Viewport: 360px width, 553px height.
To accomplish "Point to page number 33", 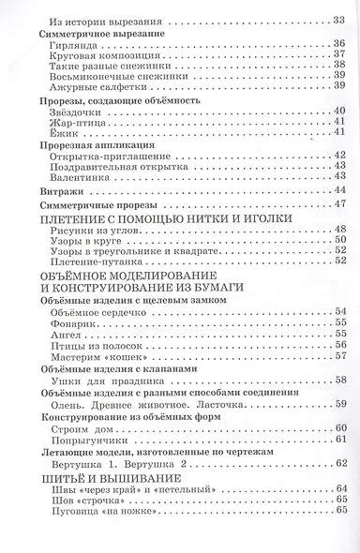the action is point(338,20).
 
